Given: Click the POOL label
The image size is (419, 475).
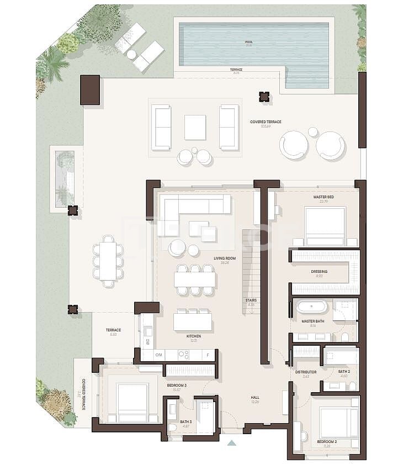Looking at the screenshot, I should click(x=248, y=42).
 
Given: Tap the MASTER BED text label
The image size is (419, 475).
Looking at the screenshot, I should click(x=323, y=197).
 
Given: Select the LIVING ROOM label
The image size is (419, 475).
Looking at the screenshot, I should click(x=225, y=258).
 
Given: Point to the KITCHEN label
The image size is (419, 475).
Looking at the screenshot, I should click(x=193, y=336).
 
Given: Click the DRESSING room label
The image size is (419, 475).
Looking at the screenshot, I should click(x=319, y=272).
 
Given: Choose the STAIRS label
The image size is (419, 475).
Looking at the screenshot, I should click(x=251, y=300).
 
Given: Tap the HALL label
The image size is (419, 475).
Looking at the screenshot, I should click(x=254, y=397).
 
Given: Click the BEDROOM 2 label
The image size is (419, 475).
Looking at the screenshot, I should click(x=327, y=442).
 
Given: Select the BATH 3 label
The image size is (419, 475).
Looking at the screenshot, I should click(x=185, y=421).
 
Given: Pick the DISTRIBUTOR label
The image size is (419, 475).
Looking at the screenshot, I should click(x=306, y=372).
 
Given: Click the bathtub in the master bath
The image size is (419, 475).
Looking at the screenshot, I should click(x=311, y=307).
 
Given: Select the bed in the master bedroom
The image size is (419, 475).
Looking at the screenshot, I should click(x=325, y=226).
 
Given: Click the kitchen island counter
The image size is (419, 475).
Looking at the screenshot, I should click(x=193, y=321).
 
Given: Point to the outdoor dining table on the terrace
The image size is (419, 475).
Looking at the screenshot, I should click(x=108, y=261).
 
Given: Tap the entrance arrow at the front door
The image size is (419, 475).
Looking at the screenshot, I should click(x=231, y=442).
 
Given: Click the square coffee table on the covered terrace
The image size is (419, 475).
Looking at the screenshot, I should click(x=195, y=127).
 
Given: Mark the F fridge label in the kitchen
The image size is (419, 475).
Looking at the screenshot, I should click(x=208, y=355).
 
